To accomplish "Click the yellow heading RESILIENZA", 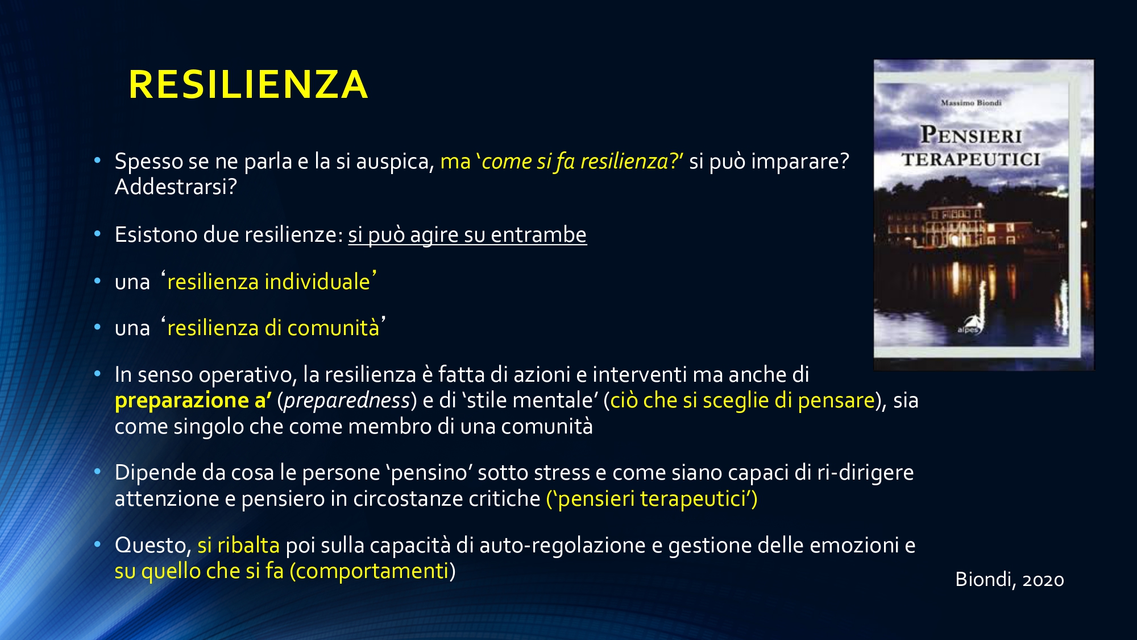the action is pos(248,85).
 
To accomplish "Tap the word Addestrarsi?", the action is pos(176,187).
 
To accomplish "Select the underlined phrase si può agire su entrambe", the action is pos(467,235).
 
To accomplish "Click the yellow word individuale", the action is pos(317,282).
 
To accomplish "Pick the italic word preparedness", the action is pos(347,400).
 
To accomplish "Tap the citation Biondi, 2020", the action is pos(1010,579).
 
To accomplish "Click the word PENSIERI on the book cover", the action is pos(971,135).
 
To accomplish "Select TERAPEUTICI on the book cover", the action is pos(971,159).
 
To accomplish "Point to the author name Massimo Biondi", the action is pos(971,103).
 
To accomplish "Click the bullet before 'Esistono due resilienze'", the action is pos(98,234).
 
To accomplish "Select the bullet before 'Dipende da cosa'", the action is pos(98,472).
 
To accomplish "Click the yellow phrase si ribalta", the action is pos(238,545).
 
